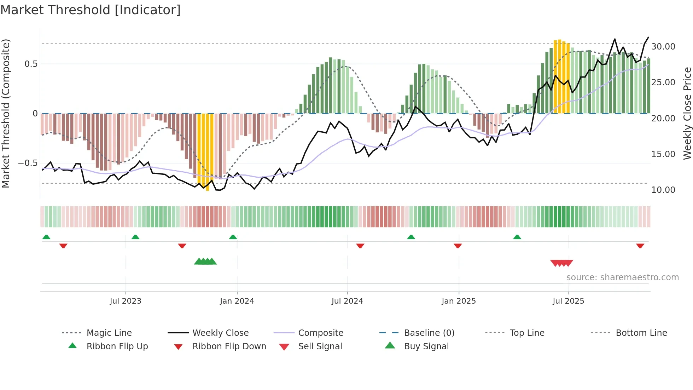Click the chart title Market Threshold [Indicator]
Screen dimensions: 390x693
(x=91, y=10)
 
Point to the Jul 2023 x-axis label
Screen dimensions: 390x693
(x=125, y=301)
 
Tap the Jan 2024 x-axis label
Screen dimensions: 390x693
(x=237, y=301)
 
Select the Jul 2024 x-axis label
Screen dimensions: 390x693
(x=347, y=301)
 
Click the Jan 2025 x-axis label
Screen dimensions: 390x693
(x=459, y=301)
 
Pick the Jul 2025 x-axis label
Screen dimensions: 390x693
(x=568, y=301)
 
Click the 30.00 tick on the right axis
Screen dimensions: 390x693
(x=663, y=47)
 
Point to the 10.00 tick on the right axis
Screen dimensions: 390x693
(x=663, y=190)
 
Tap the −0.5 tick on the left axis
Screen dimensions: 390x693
(x=28, y=163)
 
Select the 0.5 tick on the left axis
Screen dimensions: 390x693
(x=31, y=64)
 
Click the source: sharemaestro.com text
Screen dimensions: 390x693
(x=622, y=277)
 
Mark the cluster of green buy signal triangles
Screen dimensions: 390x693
(x=205, y=262)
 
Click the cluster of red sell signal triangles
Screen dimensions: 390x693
(x=561, y=263)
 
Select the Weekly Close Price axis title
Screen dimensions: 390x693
(x=687, y=113)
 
